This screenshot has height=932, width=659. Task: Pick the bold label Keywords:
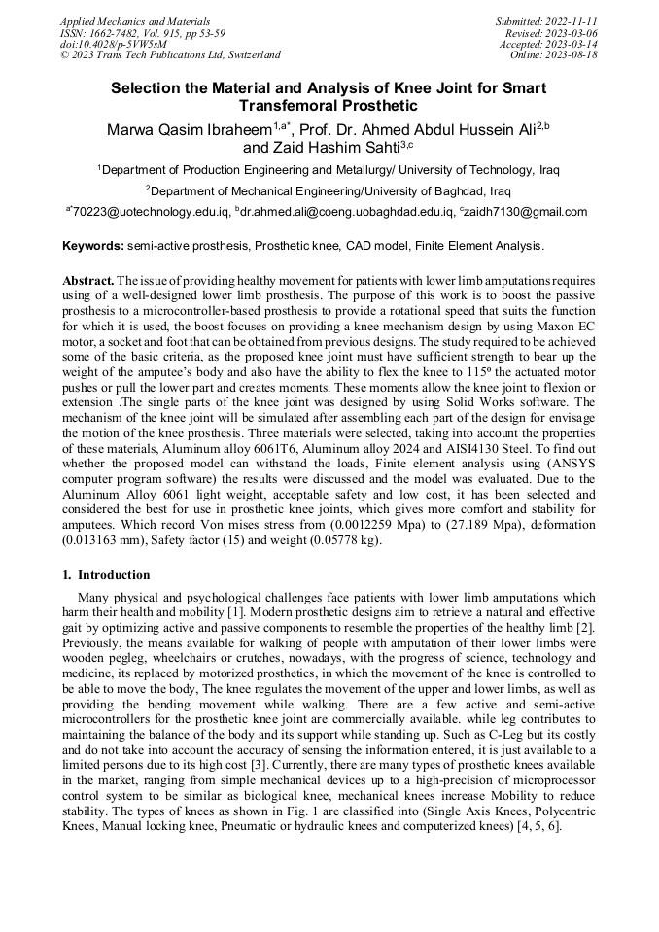(x=93, y=247)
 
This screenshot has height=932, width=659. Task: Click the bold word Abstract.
(x=88, y=280)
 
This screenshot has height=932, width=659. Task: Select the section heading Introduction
(x=114, y=575)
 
